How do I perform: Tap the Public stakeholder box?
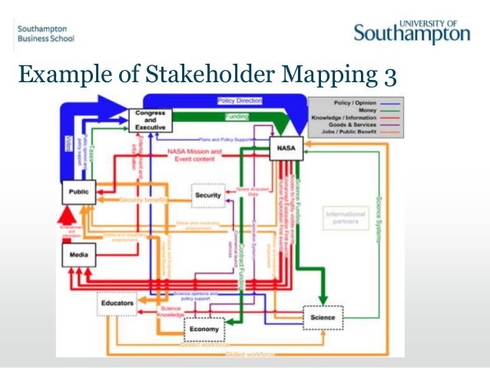[79, 193]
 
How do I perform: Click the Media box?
[79, 254]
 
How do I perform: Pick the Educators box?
[117, 303]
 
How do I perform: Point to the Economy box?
[205, 328]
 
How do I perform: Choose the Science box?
[323, 317]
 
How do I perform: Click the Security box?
[208, 195]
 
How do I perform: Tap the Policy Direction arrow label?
[240, 101]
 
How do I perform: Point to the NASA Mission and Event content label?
[195, 154]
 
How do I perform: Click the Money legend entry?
[369, 111]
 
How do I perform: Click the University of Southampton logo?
[412, 31]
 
